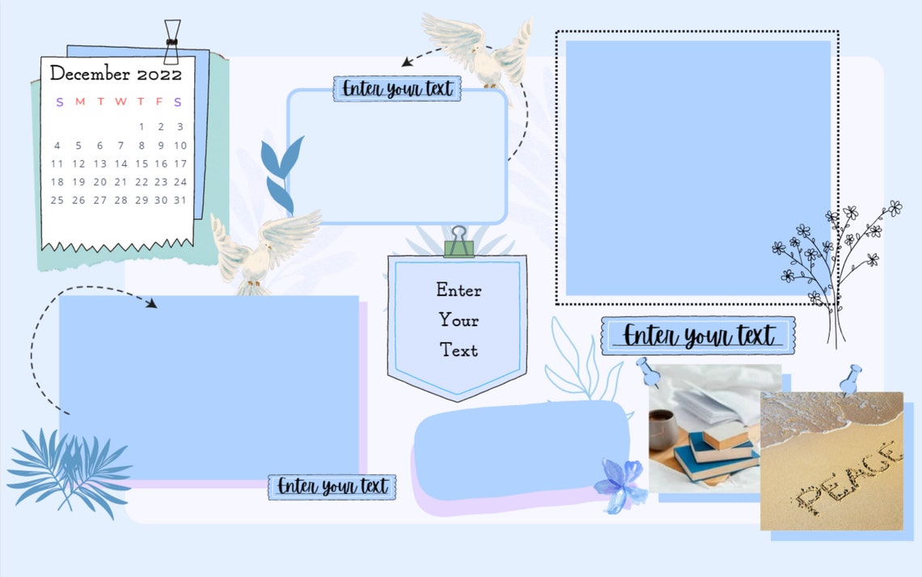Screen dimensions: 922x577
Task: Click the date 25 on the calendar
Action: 57,200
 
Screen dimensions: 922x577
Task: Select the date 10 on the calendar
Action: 180,146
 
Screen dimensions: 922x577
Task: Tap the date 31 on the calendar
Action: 180,200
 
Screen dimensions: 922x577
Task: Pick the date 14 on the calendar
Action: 121,163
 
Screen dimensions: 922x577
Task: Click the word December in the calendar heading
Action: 90,73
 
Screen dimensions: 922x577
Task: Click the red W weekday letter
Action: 121,101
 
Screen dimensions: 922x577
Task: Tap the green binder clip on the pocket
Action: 459,242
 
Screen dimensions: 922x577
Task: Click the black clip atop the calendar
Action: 171,42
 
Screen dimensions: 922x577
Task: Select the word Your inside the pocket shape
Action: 459,320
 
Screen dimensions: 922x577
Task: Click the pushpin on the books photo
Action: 647,371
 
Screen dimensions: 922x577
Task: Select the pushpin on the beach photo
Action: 851,380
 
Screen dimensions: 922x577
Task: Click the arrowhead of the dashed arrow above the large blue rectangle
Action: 152,303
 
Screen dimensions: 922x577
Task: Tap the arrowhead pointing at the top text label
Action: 407,62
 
